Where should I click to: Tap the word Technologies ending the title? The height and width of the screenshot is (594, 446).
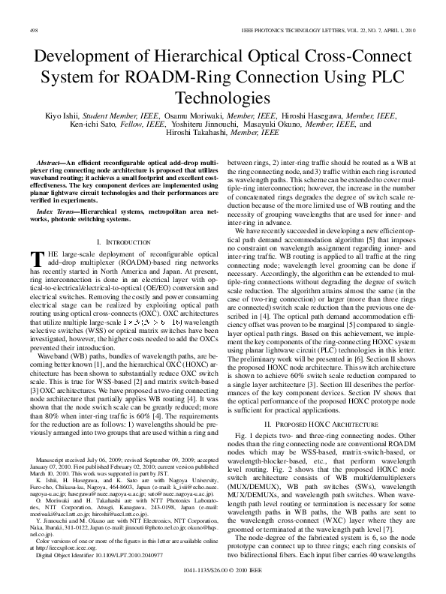click(222, 98)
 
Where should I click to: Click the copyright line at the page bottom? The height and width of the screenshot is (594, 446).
click(222, 583)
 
